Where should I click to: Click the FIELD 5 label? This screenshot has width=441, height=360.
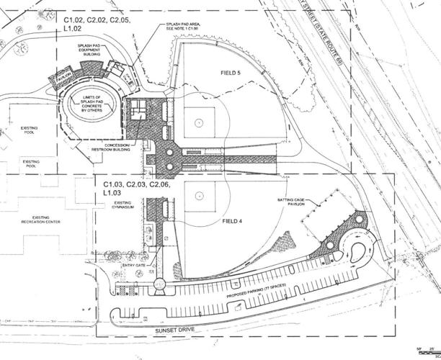(x=233, y=73)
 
